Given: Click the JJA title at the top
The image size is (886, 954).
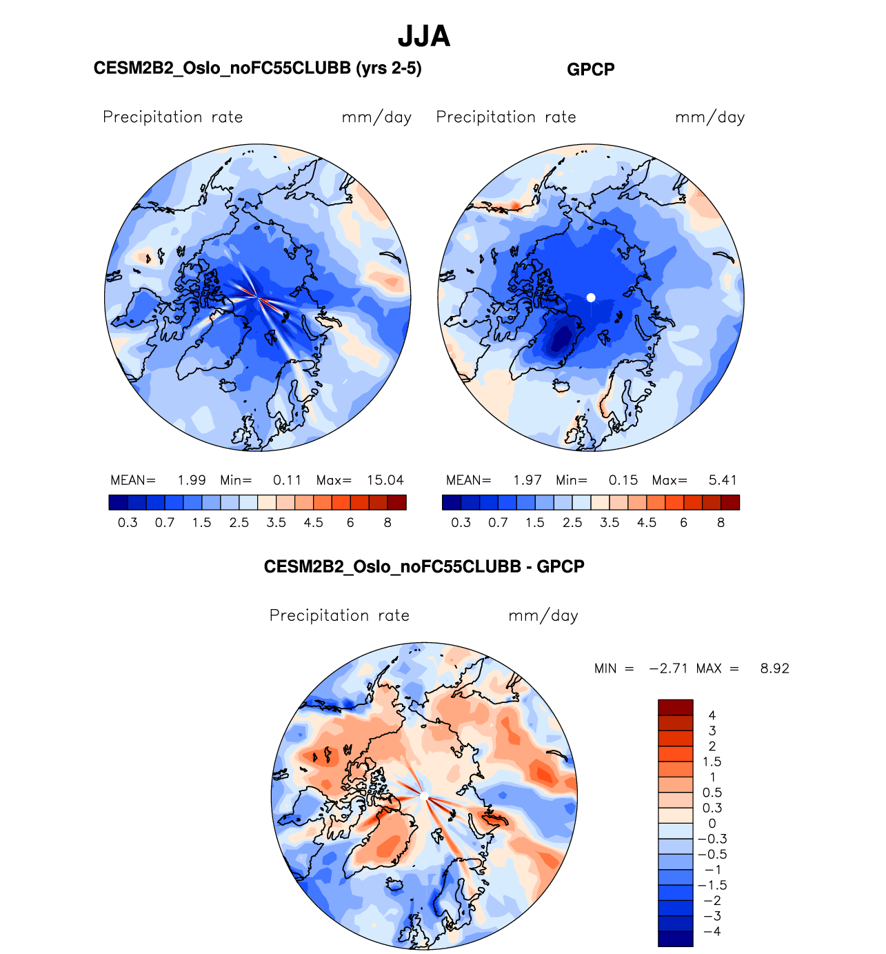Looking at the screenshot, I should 424,37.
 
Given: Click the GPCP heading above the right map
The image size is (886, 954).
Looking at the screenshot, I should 590,70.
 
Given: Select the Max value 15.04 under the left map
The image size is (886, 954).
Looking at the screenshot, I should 385,480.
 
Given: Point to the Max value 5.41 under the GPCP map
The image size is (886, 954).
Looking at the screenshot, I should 723,480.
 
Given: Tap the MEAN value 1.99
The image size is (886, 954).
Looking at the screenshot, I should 192,480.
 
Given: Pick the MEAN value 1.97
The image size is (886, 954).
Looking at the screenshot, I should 527,480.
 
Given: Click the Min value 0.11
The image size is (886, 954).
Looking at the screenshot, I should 288,480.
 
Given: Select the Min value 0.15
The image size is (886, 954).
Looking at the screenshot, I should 623,480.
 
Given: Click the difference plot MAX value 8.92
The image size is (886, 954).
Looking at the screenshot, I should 774,668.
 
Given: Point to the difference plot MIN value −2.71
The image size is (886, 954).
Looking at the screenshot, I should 668,668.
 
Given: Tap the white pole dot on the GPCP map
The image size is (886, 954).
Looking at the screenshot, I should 591,297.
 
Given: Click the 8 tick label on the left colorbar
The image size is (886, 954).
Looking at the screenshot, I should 387,523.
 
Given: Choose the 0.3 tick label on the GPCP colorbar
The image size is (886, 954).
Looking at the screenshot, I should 461,523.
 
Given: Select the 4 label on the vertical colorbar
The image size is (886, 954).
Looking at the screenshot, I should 712,715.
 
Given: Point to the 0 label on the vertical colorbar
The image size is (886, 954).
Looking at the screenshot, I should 712,824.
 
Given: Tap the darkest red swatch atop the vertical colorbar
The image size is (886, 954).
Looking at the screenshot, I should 675,707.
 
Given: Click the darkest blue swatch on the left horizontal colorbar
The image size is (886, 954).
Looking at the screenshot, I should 118,502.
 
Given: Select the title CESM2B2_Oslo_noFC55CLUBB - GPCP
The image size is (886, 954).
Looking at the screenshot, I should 424,567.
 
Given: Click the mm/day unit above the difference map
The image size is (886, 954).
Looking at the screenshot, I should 543,616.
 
